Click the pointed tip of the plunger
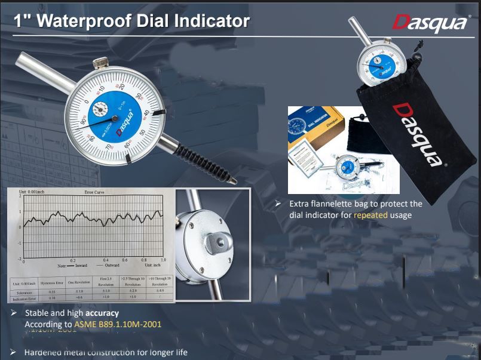click(x=234, y=181)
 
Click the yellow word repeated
click(x=370, y=214)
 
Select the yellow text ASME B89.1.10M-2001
click(x=118, y=324)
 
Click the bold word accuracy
click(x=102, y=313)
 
